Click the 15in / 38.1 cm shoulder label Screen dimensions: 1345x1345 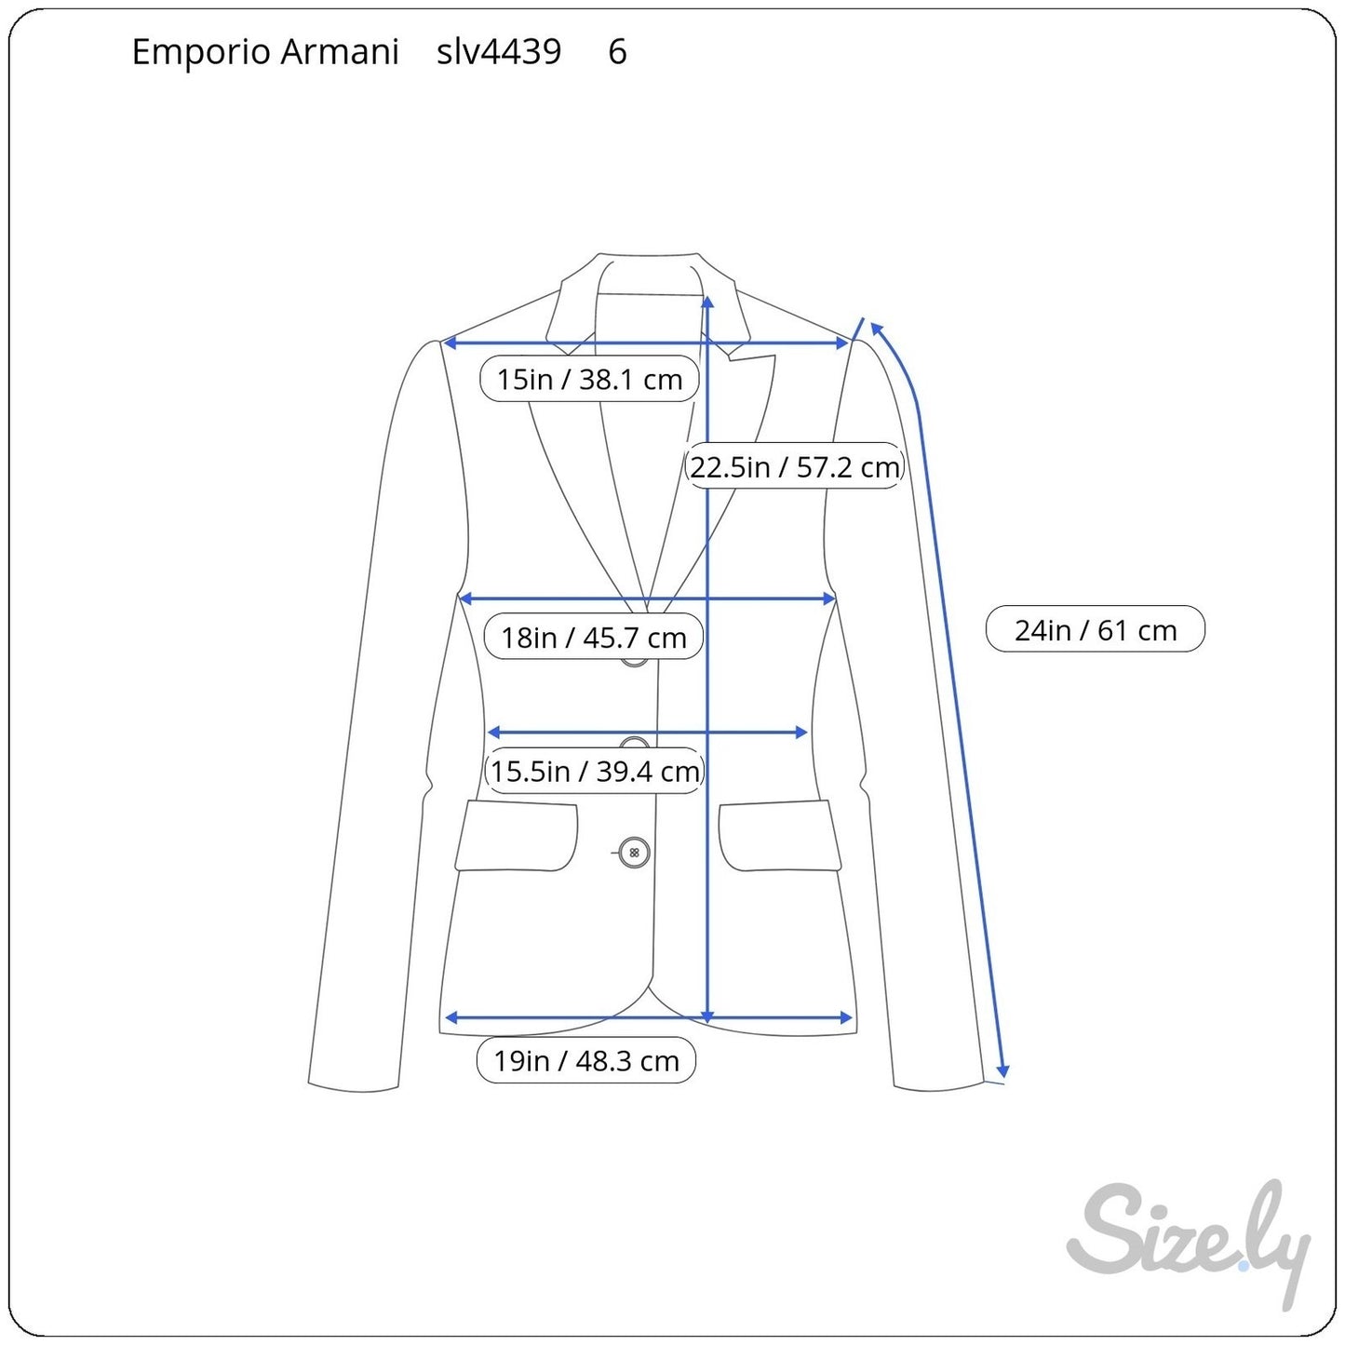[x=589, y=379]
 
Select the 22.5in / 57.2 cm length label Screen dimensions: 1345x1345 [x=794, y=465]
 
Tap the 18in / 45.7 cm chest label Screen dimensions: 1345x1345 [x=593, y=637]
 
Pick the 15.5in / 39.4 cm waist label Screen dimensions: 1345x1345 [x=595, y=771]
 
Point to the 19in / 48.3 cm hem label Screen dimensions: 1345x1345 [x=586, y=1060]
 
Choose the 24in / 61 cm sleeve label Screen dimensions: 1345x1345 [x=1096, y=629]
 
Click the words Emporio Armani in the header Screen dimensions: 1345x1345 [x=265, y=52]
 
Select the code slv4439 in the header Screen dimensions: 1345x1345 [x=499, y=51]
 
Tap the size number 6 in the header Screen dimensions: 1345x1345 [x=618, y=52]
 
